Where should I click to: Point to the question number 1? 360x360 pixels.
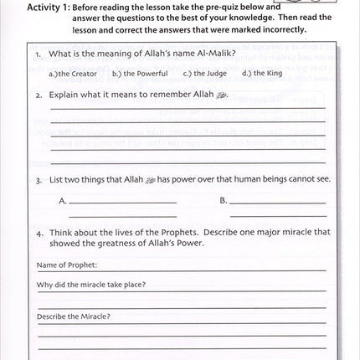[39, 54]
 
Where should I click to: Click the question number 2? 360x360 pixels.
[39, 95]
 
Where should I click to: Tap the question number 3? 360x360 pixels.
[39, 179]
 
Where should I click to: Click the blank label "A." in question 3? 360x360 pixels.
[63, 201]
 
